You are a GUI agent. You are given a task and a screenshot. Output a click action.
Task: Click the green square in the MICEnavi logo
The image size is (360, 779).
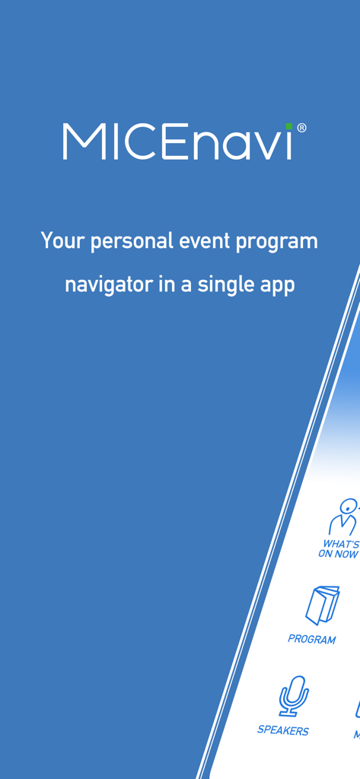pos(289,126)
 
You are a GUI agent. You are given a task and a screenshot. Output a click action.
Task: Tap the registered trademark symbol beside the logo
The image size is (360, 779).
pos(301,129)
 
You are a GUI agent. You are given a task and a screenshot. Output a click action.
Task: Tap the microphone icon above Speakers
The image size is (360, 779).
pos(292,695)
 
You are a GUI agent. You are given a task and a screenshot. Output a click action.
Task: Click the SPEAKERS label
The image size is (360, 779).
pos(283,730)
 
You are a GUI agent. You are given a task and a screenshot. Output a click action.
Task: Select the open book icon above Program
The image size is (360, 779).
pos(322,605)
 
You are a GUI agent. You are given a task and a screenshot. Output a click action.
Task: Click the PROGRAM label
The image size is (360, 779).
pos(311,639)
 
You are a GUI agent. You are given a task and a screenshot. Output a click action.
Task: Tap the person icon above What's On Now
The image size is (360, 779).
pos(344,517)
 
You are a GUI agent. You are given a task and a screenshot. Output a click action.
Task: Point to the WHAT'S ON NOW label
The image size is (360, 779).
pos(339,549)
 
